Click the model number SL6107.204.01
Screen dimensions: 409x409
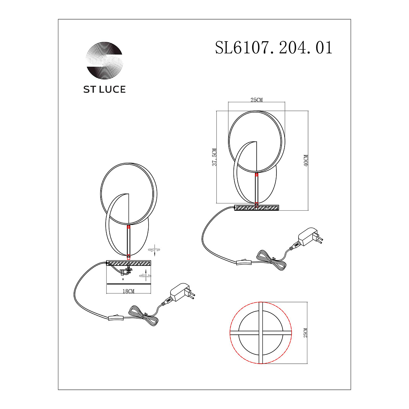click(x=274, y=47)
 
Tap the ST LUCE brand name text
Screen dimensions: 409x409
click(x=104, y=90)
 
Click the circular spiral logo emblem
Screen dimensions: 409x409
click(x=104, y=60)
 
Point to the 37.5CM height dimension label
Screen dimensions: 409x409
click(x=215, y=157)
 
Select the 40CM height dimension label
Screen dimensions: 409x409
click(x=306, y=161)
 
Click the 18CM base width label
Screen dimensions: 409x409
click(x=128, y=291)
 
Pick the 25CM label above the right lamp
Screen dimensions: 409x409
click(x=256, y=100)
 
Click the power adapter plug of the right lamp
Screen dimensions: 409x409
click(x=310, y=237)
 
